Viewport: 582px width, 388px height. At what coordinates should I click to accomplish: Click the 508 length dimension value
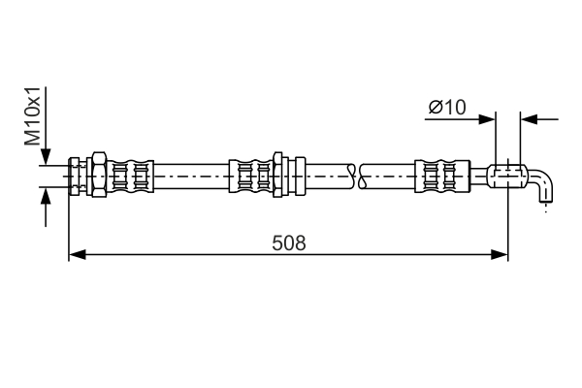pos(289,243)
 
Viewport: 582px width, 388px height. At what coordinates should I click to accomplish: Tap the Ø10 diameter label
pos(447,108)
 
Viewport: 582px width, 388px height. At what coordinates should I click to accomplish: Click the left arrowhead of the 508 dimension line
pos(78,255)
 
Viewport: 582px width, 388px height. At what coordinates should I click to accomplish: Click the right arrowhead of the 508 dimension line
pos(500,255)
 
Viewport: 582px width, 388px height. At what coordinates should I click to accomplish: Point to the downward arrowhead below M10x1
pos(46,156)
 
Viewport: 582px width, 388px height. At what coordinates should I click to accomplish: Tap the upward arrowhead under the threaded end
pos(46,196)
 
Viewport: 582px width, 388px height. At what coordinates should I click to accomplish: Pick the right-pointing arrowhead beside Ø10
pos(487,119)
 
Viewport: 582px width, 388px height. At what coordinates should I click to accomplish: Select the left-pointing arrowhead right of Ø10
pos(529,119)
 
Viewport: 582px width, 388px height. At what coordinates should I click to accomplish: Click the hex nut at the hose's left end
pos(99,175)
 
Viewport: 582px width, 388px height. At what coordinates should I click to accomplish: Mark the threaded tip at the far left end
pos(74,176)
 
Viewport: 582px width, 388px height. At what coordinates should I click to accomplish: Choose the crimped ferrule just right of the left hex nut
pos(130,177)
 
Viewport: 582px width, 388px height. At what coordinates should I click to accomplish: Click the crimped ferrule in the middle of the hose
pos(251,177)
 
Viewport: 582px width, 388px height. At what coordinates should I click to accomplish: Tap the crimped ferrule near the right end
pos(442,177)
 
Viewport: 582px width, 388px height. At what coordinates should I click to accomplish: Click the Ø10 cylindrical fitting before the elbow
pos(507,177)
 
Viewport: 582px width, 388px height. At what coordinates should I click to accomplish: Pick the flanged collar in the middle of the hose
pos(289,175)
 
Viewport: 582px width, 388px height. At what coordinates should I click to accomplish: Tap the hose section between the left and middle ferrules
pos(191,176)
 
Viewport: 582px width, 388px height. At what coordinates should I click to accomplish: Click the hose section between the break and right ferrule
pos(388,176)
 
